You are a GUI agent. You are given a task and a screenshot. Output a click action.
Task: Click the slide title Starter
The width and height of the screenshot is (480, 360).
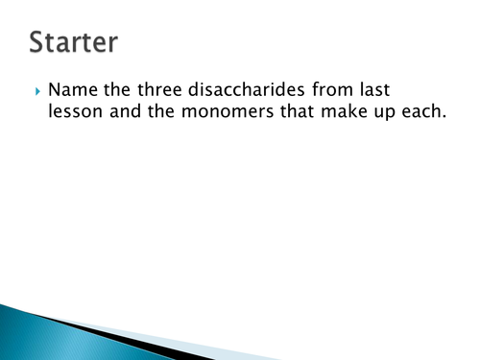click(74, 43)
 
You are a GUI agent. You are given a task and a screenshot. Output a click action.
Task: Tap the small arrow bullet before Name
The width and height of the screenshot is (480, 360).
click(37, 93)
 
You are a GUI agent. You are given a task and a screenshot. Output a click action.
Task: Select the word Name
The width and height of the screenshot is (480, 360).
click(72, 91)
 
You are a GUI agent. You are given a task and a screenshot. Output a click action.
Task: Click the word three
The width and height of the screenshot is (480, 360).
click(158, 91)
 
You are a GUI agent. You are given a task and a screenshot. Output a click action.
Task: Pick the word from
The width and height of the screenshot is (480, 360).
click(341, 91)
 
